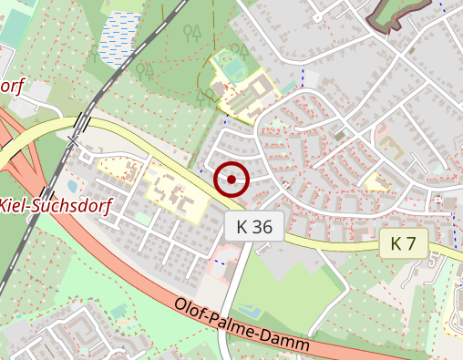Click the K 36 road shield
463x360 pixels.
pos(254,227)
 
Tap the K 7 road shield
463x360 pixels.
pos(403,243)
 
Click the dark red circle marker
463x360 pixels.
pos(231,179)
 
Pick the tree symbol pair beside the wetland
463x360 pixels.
pos(191,35)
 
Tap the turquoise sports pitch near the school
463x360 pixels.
pos(234,67)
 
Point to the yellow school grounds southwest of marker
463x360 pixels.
pos(173,191)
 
